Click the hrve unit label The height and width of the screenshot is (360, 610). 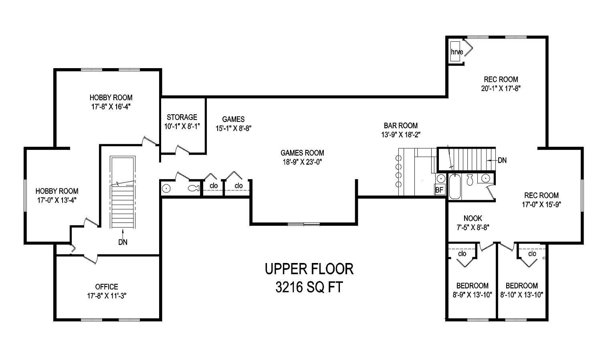pos(456,52)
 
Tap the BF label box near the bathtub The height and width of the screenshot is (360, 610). pos(440,190)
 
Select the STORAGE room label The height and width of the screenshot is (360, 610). pos(182,117)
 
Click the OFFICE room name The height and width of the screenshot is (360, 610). pos(107,287)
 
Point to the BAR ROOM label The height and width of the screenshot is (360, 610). pos(400,125)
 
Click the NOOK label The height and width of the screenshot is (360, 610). pos(473,218)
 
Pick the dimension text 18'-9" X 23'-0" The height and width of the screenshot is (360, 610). pos(302,162)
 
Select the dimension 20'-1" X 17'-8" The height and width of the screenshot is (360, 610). pos(501,88)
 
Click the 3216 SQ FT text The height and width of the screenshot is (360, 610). pos(309,287)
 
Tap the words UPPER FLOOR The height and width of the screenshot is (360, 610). pos(309,269)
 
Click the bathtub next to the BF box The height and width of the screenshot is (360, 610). pos(455,186)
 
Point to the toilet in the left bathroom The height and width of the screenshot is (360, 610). pos(193,188)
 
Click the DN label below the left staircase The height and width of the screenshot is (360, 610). pos(123,242)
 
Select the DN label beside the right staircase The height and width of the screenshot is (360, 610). pos(502,160)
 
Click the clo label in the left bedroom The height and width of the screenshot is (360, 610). pos(462,253)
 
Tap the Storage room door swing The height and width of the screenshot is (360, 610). pos(182,150)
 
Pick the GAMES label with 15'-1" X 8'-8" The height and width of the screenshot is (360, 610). pos(233,119)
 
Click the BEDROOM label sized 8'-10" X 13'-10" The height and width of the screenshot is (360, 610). pos(521,286)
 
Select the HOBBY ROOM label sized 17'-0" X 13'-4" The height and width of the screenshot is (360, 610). pos(57,191)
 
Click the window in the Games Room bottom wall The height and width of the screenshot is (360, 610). pos(303,223)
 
